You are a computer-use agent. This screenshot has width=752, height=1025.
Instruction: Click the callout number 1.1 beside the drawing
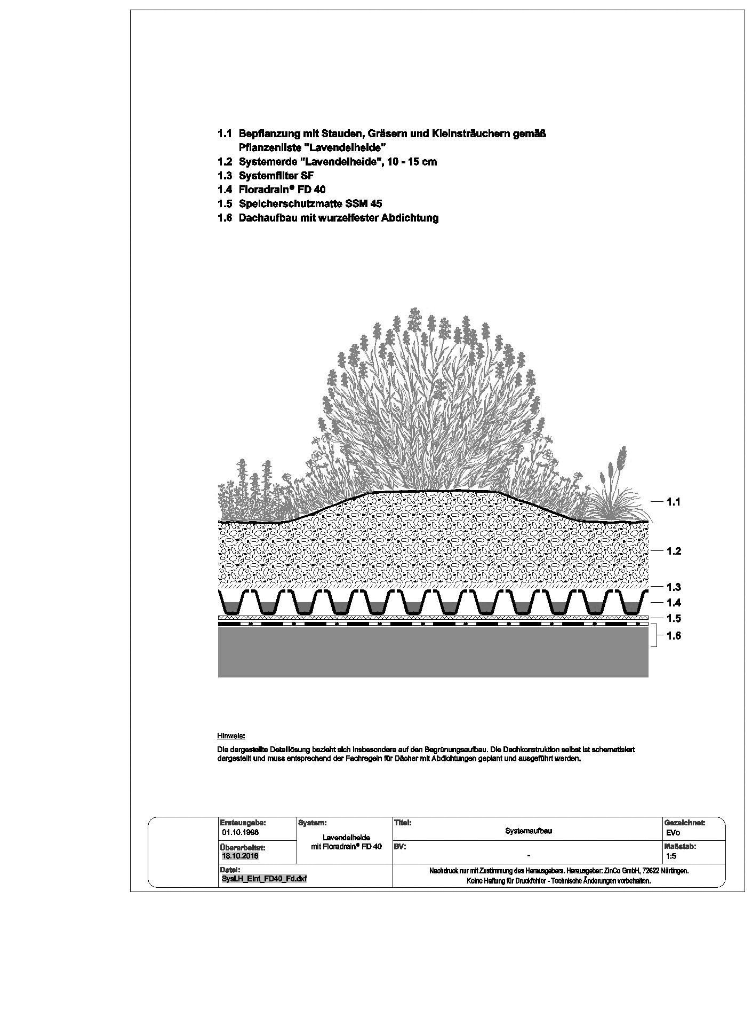(674, 502)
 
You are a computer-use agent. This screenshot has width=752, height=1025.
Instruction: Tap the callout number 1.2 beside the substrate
(674, 551)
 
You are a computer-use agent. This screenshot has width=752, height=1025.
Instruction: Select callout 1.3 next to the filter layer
(674, 587)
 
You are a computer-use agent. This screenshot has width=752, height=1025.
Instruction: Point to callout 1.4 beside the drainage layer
(674, 603)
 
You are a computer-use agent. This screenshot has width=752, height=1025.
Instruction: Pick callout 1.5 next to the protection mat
(674, 619)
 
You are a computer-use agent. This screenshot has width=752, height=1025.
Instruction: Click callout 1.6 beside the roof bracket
(674, 636)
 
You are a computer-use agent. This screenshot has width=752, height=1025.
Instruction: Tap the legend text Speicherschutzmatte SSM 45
(310, 203)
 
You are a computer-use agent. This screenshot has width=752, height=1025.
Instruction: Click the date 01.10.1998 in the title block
(240, 832)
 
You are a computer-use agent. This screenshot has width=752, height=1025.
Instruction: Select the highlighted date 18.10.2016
(240, 856)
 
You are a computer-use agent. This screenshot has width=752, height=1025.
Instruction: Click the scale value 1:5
(671, 856)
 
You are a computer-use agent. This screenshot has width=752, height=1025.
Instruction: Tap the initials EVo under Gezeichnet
(673, 833)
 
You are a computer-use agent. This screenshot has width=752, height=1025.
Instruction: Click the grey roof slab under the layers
(433, 652)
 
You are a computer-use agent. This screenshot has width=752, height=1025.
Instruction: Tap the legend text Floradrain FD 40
(282, 190)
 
